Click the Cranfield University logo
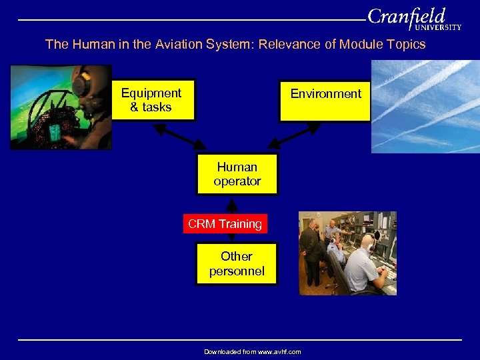point(413,18)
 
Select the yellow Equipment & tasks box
point(153,101)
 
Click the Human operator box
point(237,174)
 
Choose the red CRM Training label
point(225,224)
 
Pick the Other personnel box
point(236,263)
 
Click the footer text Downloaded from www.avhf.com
point(252,351)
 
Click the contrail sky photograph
point(424,107)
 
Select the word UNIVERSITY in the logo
point(437,28)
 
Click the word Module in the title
point(358,45)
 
